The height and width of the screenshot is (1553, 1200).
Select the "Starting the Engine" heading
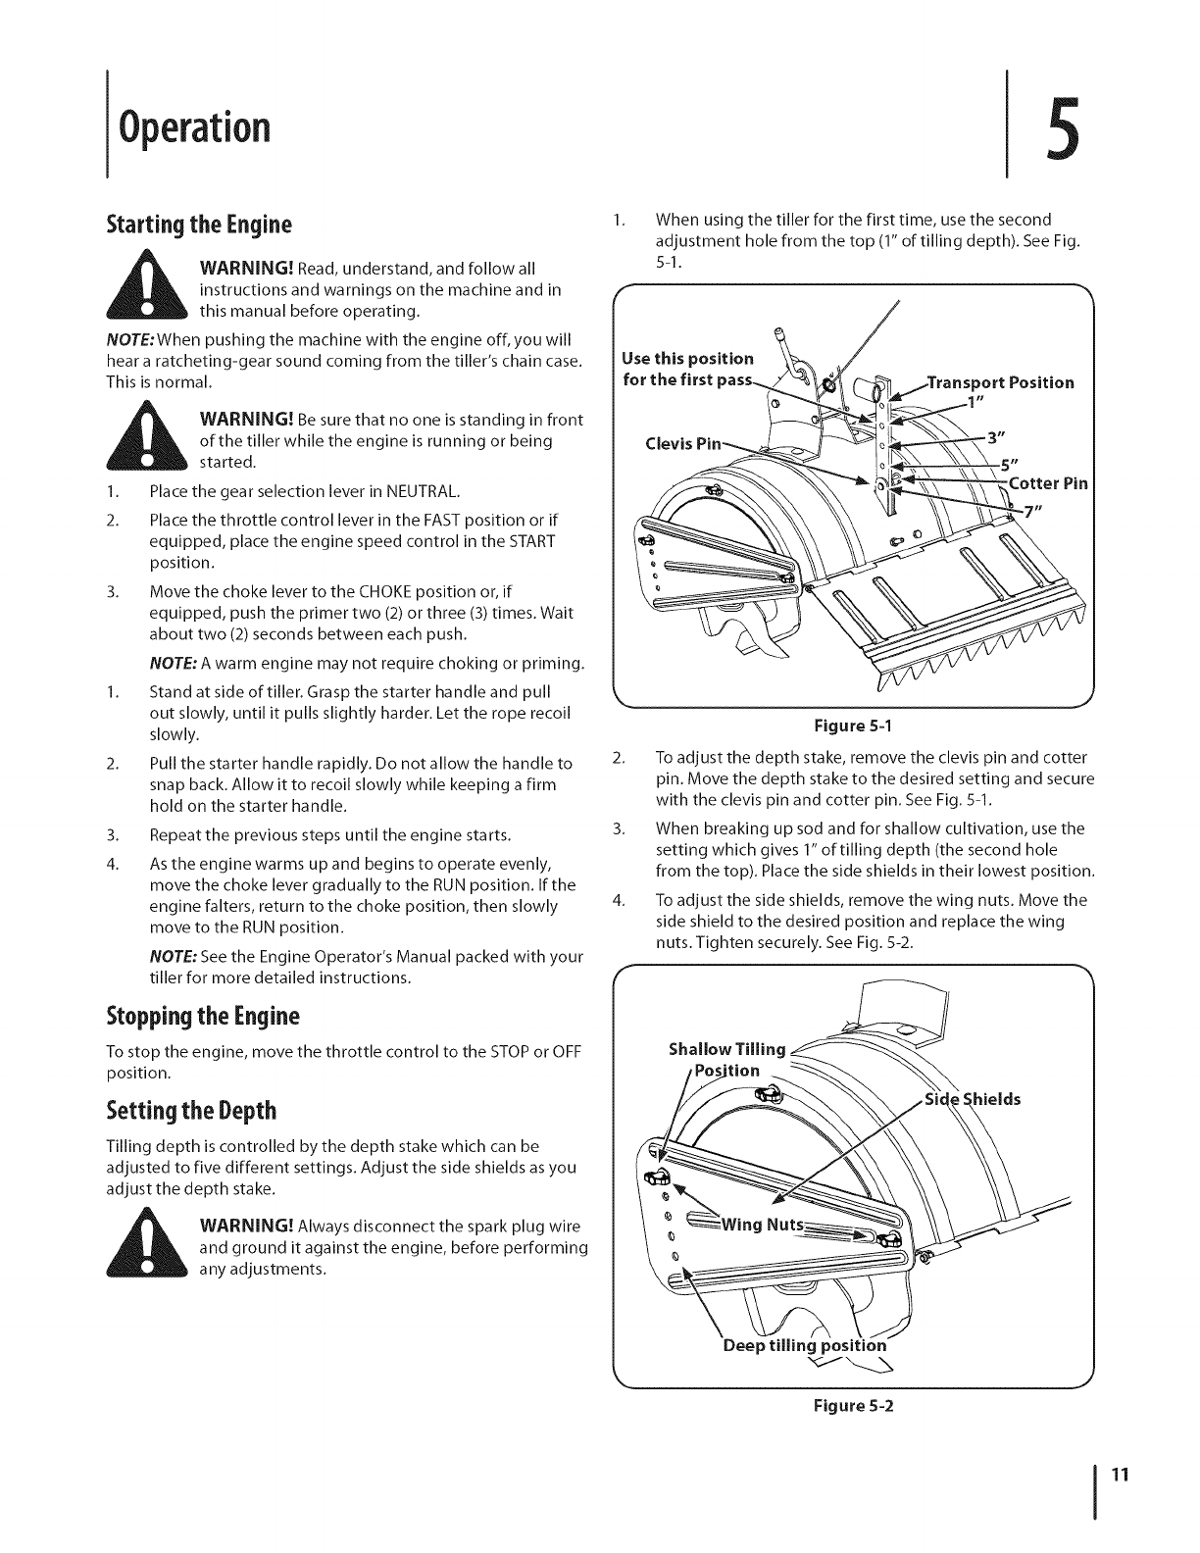point(200,225)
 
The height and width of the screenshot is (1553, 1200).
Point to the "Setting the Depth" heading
point(191,1111)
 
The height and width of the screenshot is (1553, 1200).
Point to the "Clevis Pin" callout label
point(662,440)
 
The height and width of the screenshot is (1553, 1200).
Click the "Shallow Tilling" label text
point(726,1050)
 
